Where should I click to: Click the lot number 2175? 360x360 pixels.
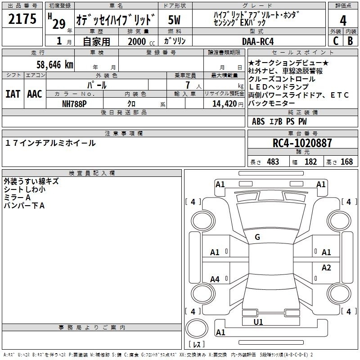pyautogui.click(x=22, y=19)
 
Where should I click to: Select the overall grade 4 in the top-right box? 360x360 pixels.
pyautogui.click(x=343, y=21)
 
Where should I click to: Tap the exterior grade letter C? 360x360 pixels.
pyautogui.click(x=336, y=41)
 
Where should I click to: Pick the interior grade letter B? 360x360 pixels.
pyautogui.click(x=350, y=41)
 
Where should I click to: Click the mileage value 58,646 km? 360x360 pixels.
pyautogui.click(x=55, y=64)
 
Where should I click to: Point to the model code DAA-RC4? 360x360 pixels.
pyautogui.click(x=258, y=41)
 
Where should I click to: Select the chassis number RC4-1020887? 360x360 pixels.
pyautogui.click(x=302, y=143)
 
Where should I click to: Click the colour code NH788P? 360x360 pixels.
pyautogui.click(x=74, y=104)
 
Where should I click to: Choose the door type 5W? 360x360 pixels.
pyautogui.click(x=174, y=20)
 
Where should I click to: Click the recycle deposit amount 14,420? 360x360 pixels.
pyautogui.click(x=225, y=104)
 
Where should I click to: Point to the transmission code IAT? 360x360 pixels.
pyautogui.click(x=13, y=94)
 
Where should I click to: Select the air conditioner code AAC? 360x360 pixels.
pyautogui.click(x=35, y=94)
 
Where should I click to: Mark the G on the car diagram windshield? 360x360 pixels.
pyautogui.click(x=257, y=237)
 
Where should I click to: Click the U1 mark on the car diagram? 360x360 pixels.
pyautogui.click(x=258, y=322)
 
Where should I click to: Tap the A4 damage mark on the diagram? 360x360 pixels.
pyautogui.click(x=215, y=279)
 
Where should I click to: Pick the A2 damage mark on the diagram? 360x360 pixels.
pyautogui.click(x=326, y=267)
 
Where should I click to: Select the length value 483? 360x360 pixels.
pyautogui.click(x=273, y=162)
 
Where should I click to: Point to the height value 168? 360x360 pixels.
pyautogui.click(x=346, y=162)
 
